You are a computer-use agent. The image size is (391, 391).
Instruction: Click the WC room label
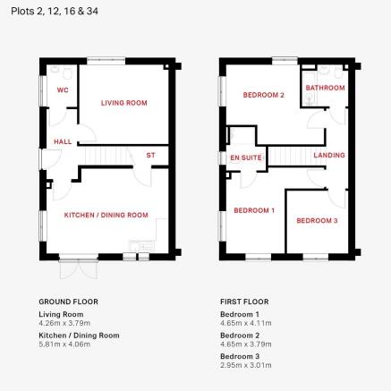(x=63, y=89)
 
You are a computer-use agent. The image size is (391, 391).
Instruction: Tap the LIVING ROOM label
(x=124, y=103)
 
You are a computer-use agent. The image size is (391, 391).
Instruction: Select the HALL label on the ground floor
(x=63, y=141)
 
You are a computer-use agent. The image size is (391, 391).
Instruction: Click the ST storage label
(x=150, y=155)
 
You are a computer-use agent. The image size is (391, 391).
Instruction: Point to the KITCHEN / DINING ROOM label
(x=106, y=215)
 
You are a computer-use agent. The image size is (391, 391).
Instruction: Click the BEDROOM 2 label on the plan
(x=264, y=95)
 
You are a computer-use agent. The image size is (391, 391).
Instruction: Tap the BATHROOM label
(x=325, y=88)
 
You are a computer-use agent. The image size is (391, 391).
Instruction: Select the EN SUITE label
(x=246, y=157)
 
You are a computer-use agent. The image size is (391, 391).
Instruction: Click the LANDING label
(x=329, y=155)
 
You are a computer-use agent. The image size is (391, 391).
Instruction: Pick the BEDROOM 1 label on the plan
(x=254, y=210)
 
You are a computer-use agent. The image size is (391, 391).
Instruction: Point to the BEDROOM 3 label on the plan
(x=317, y=221)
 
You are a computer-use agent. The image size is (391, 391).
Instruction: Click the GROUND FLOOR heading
(x=68, y=302)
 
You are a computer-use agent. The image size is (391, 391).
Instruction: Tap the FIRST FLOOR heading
(x=244, y=302)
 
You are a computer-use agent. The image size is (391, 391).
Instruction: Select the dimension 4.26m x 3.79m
(x=64, y=323)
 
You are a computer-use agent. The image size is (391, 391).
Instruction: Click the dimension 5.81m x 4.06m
(x=64, y=344)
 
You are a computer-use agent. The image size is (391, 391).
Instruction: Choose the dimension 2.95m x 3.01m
(x=246, y=365)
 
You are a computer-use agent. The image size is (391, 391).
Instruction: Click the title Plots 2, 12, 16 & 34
(x=55, y=12)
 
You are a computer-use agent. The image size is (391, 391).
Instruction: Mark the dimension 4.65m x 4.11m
(x=246, y=323)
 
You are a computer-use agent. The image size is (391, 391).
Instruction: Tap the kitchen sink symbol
(x=142, y=246)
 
